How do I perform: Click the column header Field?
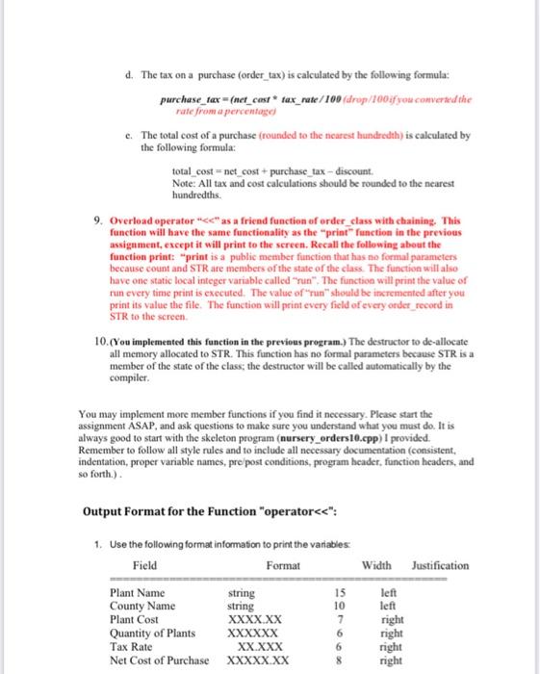(x=144, y=565)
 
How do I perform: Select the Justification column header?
(x=440, y=565)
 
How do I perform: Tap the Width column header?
(x=377, y=565)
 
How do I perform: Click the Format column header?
(x=283, y=565)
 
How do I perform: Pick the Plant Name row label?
(x=138, y=593)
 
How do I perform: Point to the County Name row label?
(x=142, y=607)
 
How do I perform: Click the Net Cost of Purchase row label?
(x=160, y=661)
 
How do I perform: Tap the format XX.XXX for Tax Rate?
(x=259, y=647)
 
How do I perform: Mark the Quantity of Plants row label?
(x=154, y=634)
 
